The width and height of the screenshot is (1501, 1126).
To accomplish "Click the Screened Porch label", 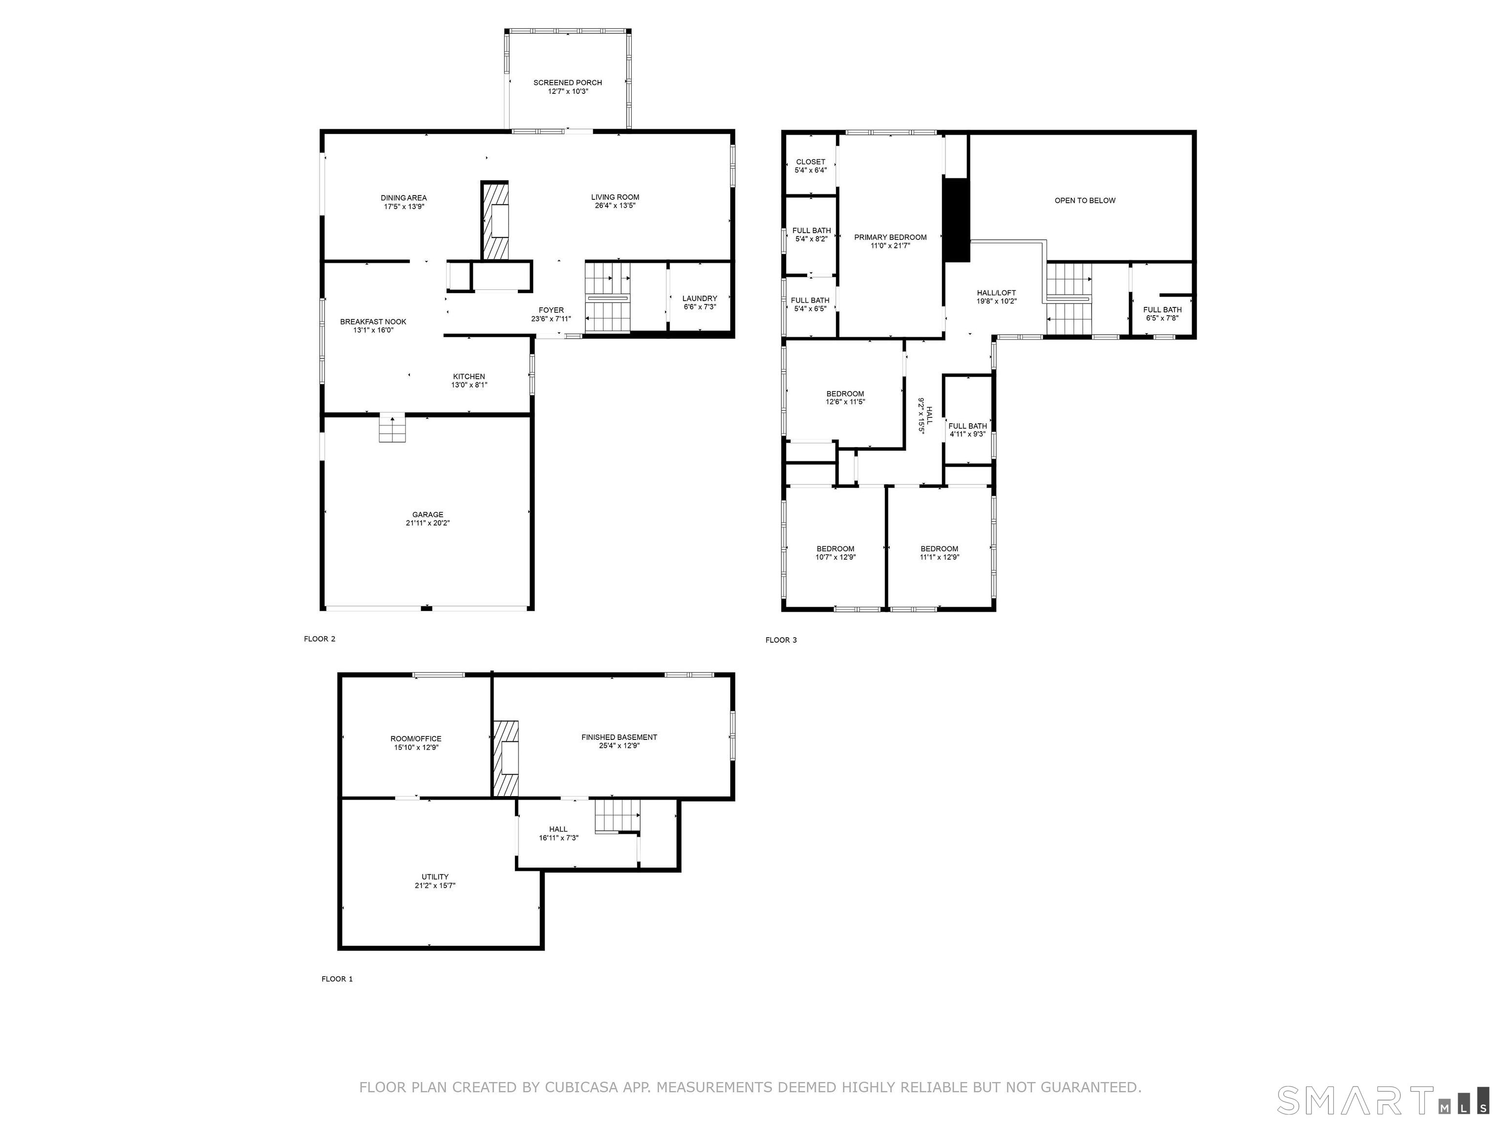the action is coord(567,83).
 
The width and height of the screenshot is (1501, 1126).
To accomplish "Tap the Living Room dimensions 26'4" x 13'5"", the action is coord(615,206).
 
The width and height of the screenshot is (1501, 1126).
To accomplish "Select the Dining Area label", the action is coord(404,198).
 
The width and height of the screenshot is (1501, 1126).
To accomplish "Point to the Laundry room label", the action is coord(700,299).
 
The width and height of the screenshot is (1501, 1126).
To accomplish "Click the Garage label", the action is coord(428,515).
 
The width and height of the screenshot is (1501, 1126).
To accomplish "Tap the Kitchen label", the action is coord(469,377).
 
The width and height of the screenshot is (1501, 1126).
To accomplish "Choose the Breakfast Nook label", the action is coord(373,322).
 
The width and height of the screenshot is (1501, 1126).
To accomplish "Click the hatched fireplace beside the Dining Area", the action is coord(494,220).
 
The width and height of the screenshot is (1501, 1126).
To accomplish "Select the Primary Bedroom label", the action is coord(890,238).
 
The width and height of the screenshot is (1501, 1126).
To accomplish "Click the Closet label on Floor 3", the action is coord(810,162).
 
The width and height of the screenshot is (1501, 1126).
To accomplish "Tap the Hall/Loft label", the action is coord(996,293).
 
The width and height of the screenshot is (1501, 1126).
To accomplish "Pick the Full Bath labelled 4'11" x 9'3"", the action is coord(967,430).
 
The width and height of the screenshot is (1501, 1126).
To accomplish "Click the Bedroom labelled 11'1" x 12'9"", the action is coord(939,553).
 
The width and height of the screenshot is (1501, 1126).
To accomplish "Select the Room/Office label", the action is coord(416,739).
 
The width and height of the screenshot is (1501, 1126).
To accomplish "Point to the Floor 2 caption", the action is coord(320,639).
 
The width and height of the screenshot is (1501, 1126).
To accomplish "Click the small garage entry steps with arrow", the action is coord(391,428).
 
